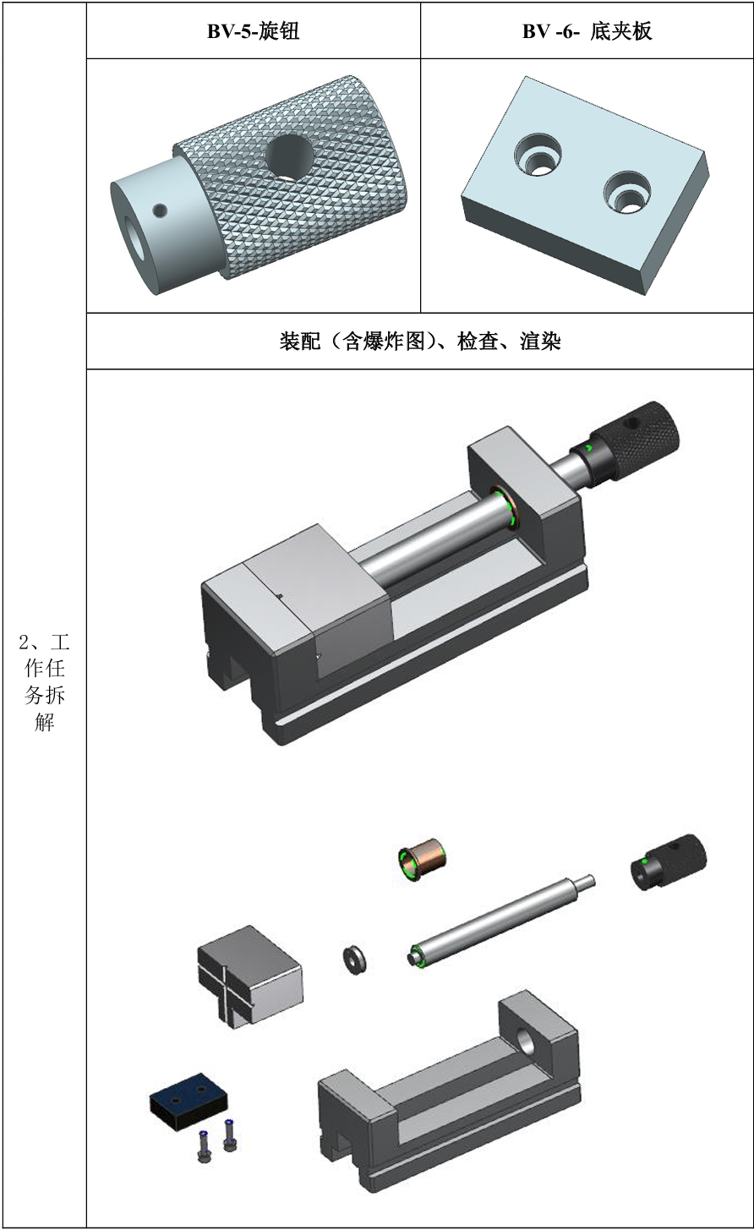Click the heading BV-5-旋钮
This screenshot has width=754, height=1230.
point(253,31)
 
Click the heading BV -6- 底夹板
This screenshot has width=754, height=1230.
point(587,31)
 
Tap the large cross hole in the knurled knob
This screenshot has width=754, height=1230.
point(289,157)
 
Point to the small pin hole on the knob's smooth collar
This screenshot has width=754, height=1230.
point(160,210)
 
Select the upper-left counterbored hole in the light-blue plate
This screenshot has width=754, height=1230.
point(538,153)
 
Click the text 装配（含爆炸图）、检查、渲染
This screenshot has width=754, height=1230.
point(420,342)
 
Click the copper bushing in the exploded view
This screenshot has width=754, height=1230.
point(421,860)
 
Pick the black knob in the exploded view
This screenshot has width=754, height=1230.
point(667,862)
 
